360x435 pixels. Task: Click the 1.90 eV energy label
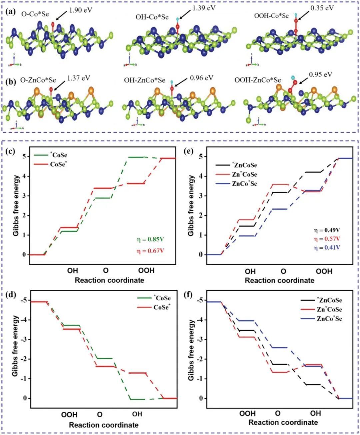point(80,10)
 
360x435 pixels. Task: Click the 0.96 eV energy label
point(201,78)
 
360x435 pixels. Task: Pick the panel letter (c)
point(11,152)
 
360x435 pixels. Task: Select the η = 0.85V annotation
point(151,239)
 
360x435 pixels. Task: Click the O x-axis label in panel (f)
point(278,413)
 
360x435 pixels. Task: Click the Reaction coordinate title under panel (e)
point(279,280)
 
